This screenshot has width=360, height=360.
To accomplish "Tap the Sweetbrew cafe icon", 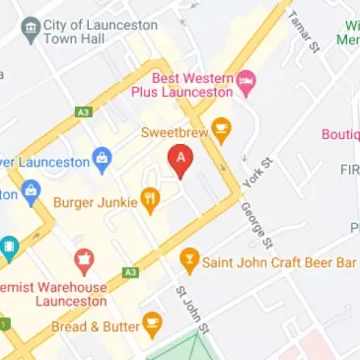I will click(222, 129).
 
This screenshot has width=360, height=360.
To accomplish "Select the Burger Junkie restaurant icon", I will click(151, 200).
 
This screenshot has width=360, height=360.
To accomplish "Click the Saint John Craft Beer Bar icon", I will click(189, 261).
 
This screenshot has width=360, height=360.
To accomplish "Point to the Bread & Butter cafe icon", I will click(152, 323).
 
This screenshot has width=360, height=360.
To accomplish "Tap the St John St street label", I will click(190, 308).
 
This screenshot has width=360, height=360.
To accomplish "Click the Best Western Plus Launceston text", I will click(192, 85).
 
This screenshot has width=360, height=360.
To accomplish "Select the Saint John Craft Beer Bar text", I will click(278, 262).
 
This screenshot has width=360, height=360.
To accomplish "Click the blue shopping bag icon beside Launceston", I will click(99, 157).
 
